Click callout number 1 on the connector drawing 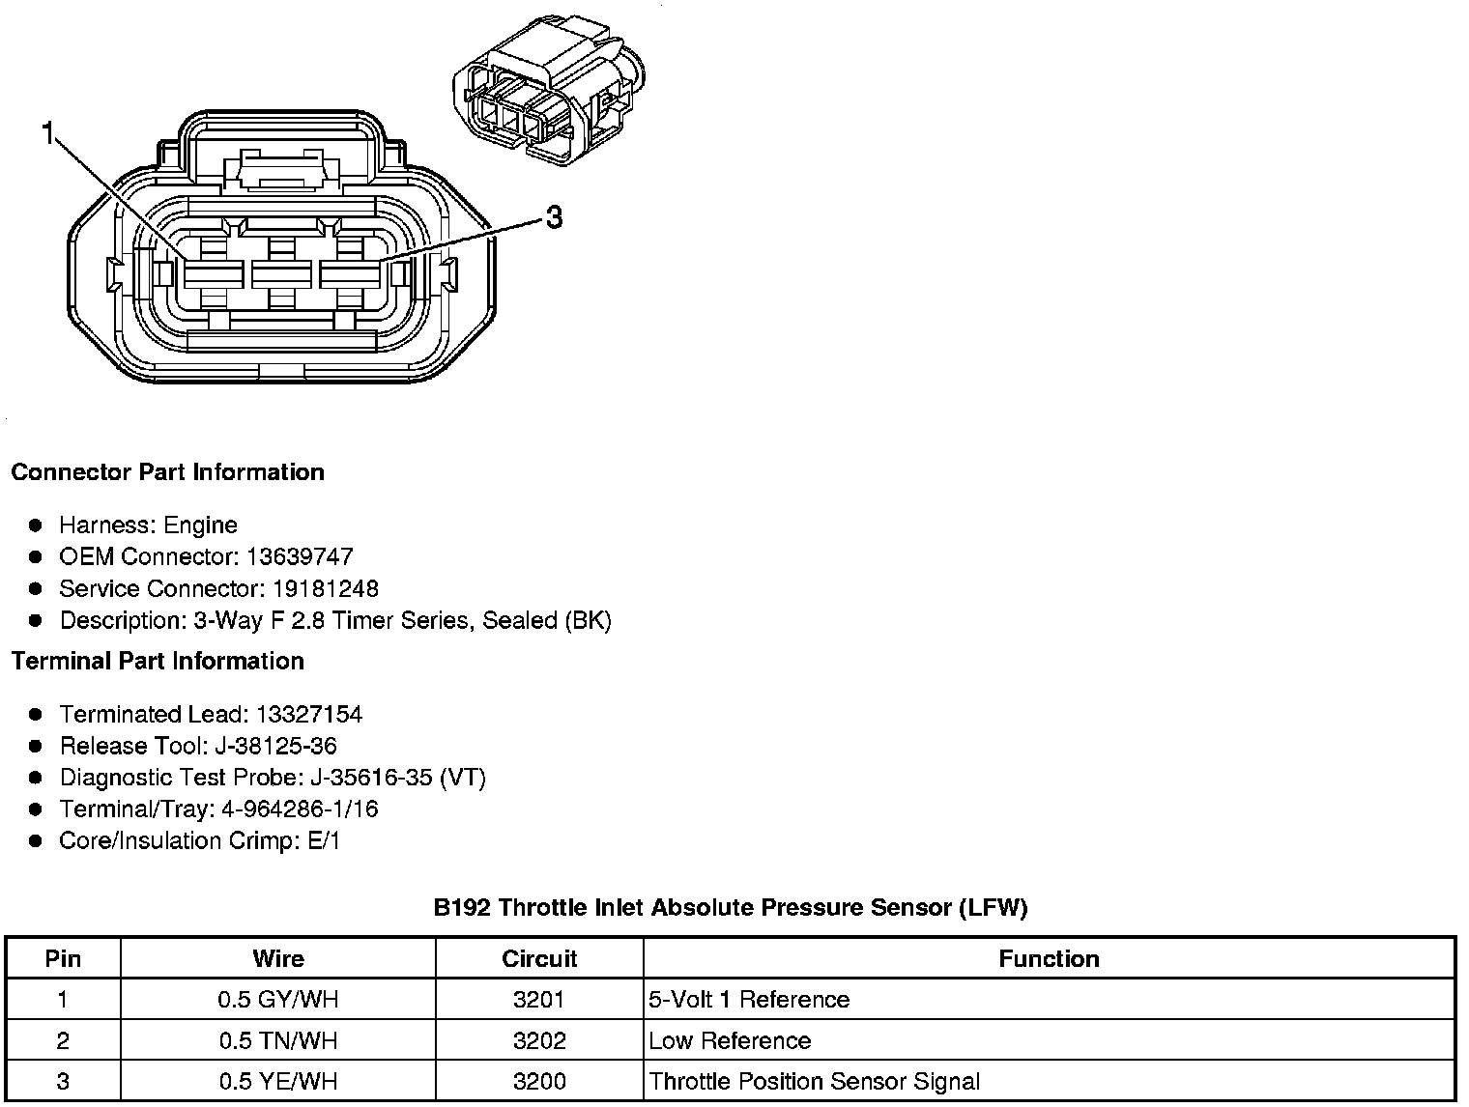[47, 134]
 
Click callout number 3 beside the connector [553, 218]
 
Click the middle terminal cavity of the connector [280, 274]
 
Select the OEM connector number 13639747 [300, 557]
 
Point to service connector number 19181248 [326, 589]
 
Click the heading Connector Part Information [167, 472]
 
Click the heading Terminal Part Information [158, 662]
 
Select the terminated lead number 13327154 [308, 715]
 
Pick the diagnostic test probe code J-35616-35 [368, 778]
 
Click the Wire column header [278, 959]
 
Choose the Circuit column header [539, 959]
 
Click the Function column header [1049, 959]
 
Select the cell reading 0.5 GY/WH [278, 1000]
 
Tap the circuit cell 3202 [539, 1041]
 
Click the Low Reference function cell [730, 1041]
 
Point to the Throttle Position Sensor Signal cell [814, 1082]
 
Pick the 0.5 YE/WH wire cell [278, 1082]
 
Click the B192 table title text [731, 908]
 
